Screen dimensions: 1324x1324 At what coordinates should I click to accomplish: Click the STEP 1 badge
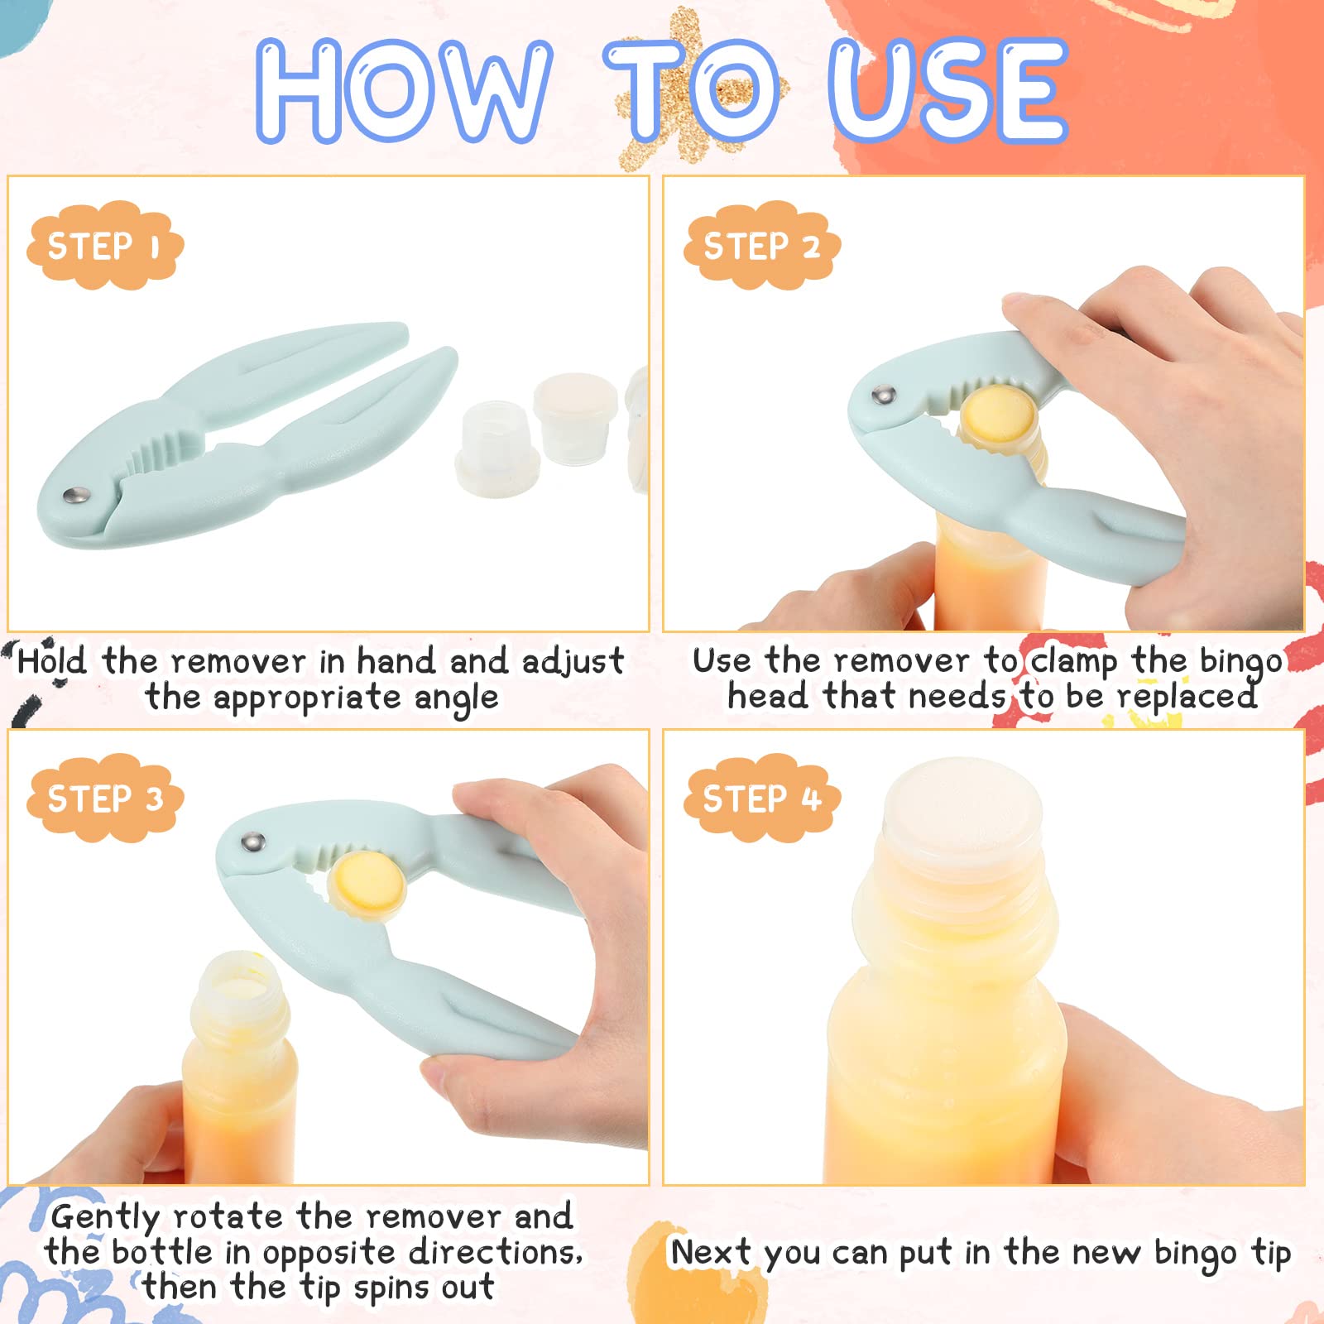pos(105,246)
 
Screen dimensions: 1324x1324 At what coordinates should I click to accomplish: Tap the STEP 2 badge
pos(761,246)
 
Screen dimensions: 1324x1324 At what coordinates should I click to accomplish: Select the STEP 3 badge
pos(105,799)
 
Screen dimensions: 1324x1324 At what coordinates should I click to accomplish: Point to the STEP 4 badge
pos(761,799)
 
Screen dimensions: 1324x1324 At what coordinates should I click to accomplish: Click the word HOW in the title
pos(404,91)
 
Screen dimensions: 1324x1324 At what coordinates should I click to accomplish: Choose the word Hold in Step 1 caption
pos(51,660)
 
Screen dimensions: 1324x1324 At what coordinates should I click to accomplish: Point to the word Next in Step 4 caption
pos(710,1252)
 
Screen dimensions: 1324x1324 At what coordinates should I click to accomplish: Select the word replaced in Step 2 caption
pos(1187,698)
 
